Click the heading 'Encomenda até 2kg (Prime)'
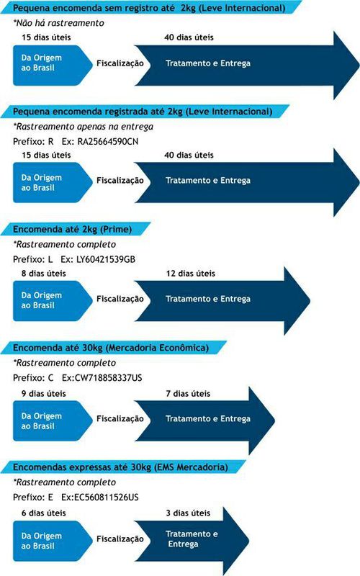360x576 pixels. (73, 229)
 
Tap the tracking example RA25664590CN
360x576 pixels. (108, 141)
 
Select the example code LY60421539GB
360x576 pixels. (105, 259)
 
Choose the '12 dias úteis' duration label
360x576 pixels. (190, 274)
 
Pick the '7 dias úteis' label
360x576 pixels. (188, 394)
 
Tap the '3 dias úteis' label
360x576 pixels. (188, 513)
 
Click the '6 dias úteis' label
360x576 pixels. (44, 513)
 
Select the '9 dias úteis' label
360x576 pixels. (44, 394)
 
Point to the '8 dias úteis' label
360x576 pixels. (44, 274)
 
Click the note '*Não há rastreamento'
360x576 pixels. (58, 23)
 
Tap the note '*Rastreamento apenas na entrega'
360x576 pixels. (83, 127)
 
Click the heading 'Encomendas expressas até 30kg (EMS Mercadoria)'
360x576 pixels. (120, 467)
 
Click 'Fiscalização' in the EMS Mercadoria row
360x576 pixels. (120, 539)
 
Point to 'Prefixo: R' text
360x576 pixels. (33, 141)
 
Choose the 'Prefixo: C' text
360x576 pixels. (33, 377)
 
